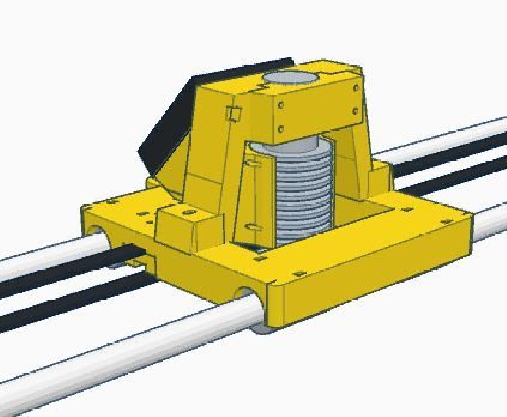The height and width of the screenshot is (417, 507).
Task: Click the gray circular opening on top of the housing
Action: [x=290, y=78]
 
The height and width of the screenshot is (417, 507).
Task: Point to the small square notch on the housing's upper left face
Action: [x=234, y=113]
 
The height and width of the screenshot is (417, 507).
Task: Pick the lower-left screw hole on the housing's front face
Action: [x=281, y=128]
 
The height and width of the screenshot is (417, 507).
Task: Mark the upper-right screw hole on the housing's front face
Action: [x=356, y=88]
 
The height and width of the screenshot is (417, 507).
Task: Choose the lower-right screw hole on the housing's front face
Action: [x=355, y=111]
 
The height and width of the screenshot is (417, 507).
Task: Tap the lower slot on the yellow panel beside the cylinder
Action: [x=253, y=227]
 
